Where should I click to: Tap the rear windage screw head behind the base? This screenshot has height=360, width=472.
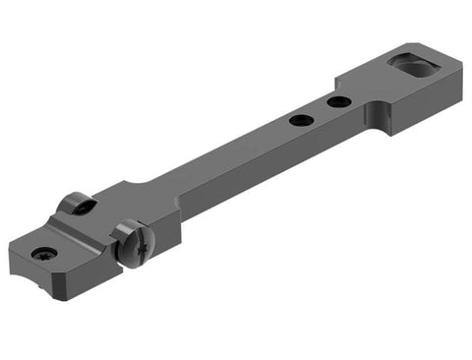[77, 204]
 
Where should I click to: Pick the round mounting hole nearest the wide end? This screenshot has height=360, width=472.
[338, 101]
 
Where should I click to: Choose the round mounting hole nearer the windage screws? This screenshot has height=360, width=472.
[302, 120]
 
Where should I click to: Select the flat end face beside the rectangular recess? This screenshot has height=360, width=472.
[447, 93]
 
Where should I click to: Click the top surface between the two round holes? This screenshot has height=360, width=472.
[321, 110]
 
